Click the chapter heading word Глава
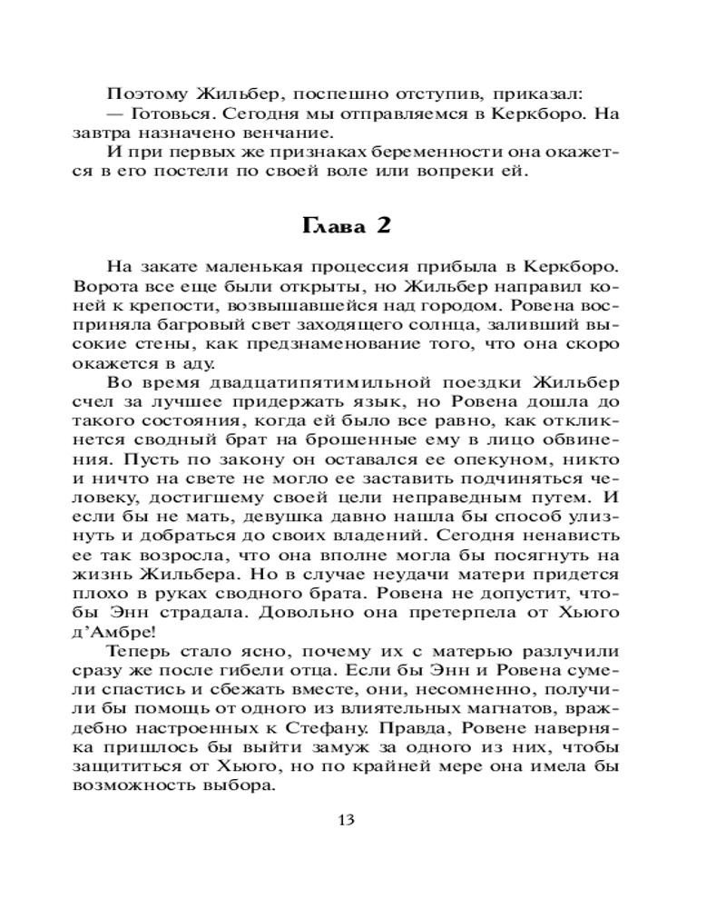pos(332,226)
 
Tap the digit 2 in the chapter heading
pos(384,226)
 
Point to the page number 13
pos(345,820)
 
